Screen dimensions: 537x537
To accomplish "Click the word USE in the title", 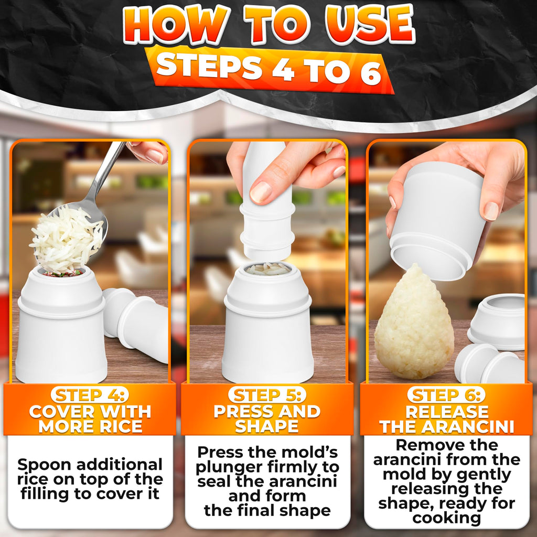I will point(363,25).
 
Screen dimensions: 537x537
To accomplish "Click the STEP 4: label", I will point(90,395).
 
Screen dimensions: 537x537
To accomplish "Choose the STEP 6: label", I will point(447,395).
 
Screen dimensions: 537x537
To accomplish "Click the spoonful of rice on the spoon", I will point(66,239).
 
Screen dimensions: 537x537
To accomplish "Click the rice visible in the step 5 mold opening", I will point(268,270).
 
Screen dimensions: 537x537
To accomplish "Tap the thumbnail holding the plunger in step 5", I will point(261,192).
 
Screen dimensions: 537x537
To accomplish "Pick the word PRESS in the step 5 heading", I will point(243,412).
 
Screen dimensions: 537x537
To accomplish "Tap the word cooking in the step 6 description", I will point(447,518).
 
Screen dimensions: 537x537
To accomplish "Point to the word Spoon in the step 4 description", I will point(44,465).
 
